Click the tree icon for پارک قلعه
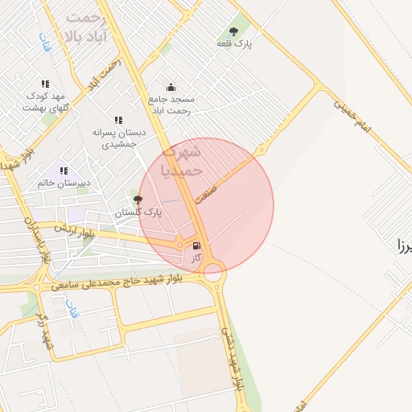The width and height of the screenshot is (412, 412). [x=235, y=31]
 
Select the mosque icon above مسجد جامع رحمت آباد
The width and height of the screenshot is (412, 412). [x=170, y=87]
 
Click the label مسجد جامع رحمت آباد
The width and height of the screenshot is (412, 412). [x=170, y=105]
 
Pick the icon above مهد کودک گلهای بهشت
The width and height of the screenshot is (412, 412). [x=45, y=84]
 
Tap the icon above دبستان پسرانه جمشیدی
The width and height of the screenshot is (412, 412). [x=118, y=120]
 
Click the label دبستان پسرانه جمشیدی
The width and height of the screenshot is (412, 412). [x=118, y=137]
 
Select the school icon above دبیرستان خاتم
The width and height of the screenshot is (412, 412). [x=64, y=171]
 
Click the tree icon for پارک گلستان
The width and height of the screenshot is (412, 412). [x=138, y=200]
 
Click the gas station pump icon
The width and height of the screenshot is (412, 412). [x=196, y=245]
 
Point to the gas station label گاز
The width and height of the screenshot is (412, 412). [x=196, y=257]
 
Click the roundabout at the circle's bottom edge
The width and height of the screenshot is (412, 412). [x=213, y=272]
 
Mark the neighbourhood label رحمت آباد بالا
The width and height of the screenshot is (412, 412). [x=86, y=27]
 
